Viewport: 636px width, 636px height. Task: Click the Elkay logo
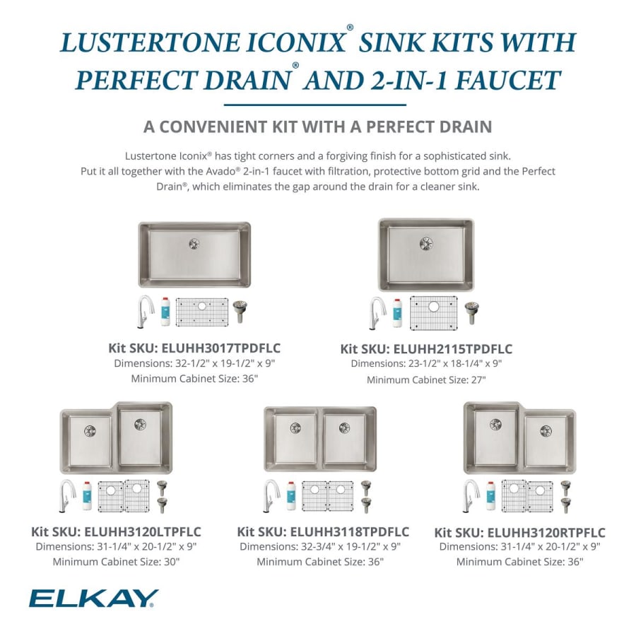pos(94,599)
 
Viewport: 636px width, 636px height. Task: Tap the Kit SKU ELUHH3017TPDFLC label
pos(194,348)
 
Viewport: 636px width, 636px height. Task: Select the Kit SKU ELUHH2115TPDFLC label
pos(426,349)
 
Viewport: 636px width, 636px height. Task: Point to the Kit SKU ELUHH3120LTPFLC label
pos(116,531)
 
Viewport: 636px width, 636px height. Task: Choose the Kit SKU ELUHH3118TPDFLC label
pos(323,531)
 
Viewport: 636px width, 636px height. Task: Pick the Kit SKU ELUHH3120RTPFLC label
pos(519,533)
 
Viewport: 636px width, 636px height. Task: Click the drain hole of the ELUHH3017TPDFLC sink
pos(194,244)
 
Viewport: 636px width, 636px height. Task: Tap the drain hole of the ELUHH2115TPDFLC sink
pos(426,243)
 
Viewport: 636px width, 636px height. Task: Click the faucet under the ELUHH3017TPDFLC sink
pos(146,311)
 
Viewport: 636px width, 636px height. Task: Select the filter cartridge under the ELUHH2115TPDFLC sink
pos(397,313)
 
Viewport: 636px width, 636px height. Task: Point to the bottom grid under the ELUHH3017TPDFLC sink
pos(202,312)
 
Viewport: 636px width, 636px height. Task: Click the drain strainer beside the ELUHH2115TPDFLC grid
pos(471,312)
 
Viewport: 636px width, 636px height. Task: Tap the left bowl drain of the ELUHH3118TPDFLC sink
pos(295,428)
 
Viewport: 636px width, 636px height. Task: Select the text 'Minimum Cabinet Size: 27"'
pos(426,380)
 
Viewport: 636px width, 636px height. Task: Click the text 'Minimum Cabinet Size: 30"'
pos(116,562)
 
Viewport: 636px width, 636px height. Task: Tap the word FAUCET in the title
pos(508,80)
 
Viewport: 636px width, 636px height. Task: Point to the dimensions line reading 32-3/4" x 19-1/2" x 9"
pos(320,546)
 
